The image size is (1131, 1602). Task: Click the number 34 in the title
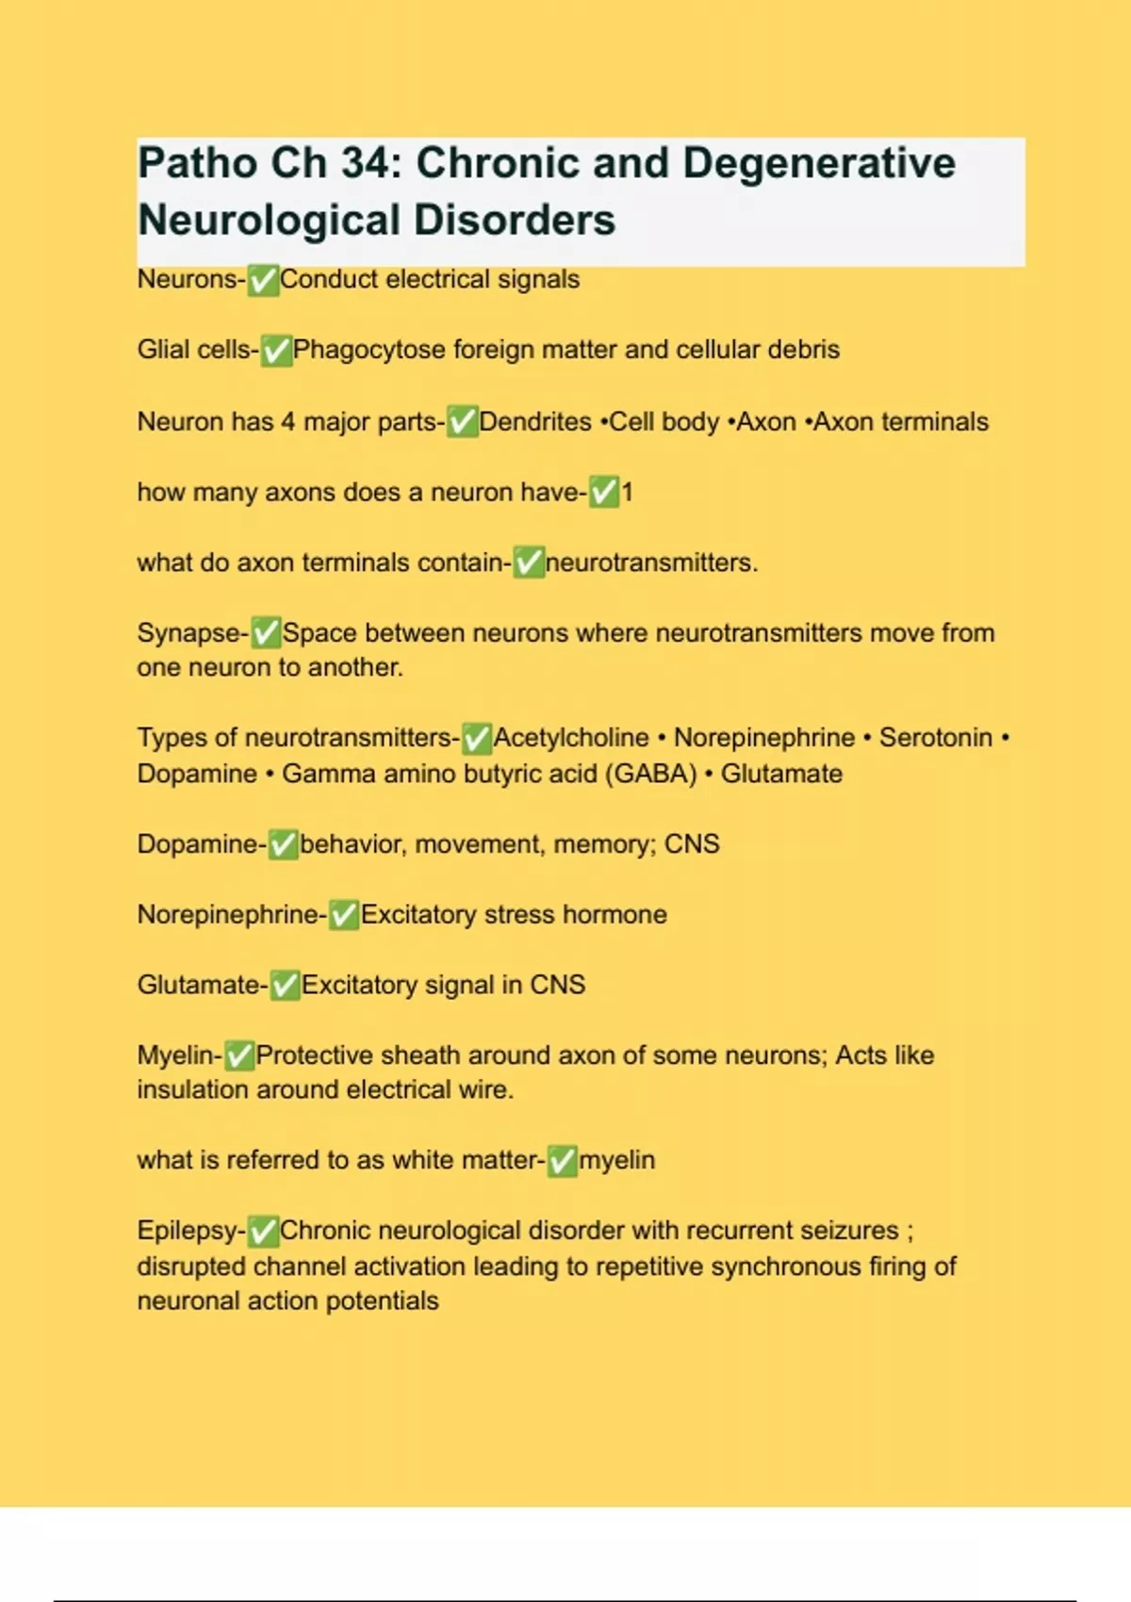pos(363,163)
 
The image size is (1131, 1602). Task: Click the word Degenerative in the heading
pos(818,163)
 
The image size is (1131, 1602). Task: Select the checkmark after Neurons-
pos(263,280)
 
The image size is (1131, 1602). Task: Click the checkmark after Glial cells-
pos(276,351)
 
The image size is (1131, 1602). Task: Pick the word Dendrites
pos(534,421)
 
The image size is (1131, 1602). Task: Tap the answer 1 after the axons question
pos(627,492)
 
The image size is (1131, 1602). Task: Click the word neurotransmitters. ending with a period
pos(651,563)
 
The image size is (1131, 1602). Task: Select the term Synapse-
pos(192,632)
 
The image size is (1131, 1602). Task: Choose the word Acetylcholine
pos(571,737)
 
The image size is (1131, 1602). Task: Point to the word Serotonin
pos(935,737)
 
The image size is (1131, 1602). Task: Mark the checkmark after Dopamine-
pos(283,844)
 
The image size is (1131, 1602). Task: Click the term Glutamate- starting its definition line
pos(202,985)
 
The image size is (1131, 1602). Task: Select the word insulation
pos(193,1089)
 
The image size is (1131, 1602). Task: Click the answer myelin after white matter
pos(616,1160)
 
